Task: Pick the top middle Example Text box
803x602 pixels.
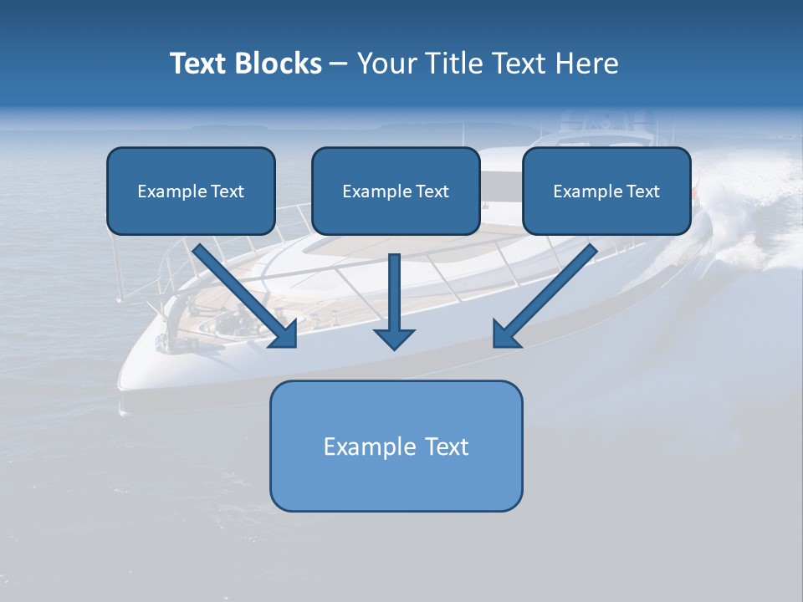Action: [396, 214]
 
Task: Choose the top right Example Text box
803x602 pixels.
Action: [606, 214]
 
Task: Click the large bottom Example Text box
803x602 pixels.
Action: [396, 477]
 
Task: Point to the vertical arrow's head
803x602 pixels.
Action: [394, 339]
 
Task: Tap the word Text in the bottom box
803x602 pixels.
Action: [447, 446]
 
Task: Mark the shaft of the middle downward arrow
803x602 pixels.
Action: [394, 288]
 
